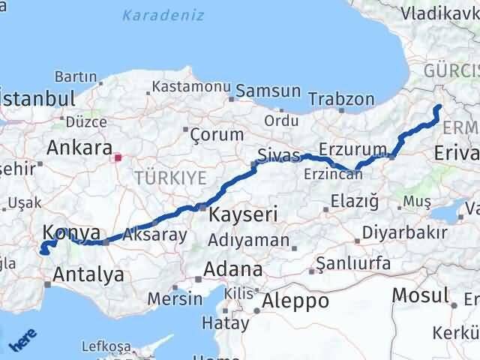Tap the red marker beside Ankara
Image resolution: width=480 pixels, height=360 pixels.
[x=118, y=157]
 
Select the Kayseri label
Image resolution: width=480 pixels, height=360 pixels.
[x=243, y=214]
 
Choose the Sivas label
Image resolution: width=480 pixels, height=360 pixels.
[x=277, y=156]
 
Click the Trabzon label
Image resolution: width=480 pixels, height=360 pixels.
[x=341, y=98]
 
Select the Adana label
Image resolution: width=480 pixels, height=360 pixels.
[x=235, y=268]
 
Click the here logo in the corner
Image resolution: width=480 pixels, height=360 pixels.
[x=20, y=340]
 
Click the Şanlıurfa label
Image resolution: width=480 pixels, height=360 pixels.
[x=353, y=263]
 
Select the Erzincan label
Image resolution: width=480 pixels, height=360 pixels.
[x=333, y=174]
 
